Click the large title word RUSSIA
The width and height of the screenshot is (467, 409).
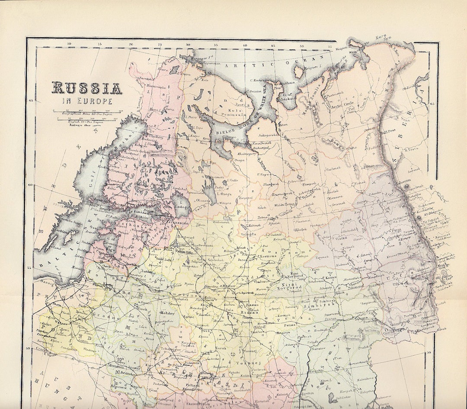tap(87, 88)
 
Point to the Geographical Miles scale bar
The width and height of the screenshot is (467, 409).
tap(86, 112)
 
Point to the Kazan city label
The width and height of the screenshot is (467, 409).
tap(331, 277)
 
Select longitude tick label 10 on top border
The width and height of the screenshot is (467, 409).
tap(69, 44)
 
